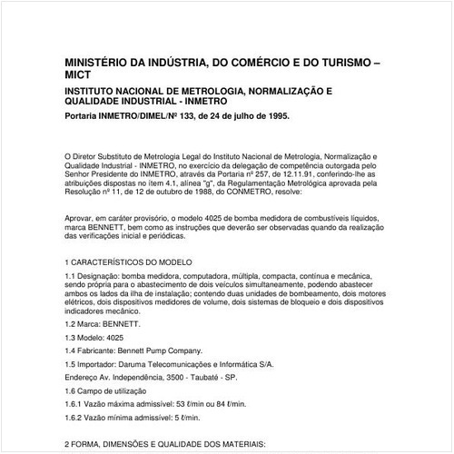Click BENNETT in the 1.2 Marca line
pyautogui.click(x=128, y=322)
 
